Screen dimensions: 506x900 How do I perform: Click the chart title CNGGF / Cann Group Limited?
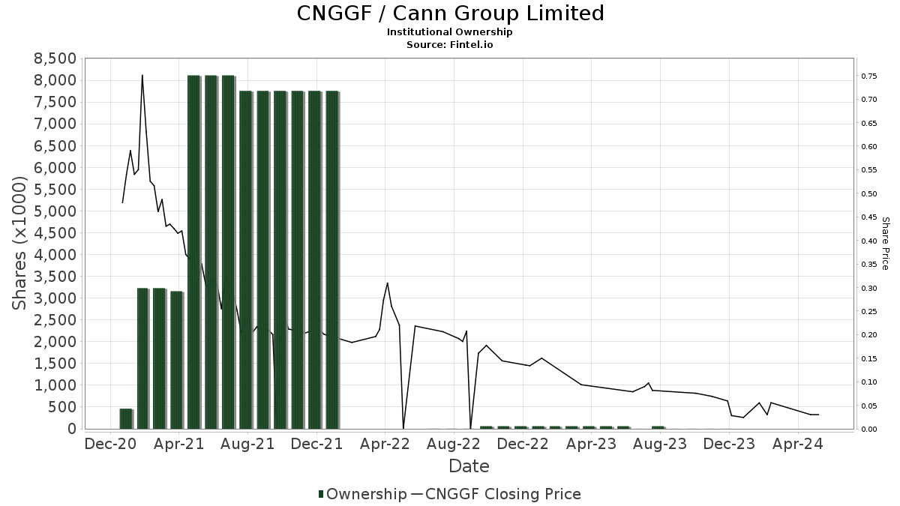coord(450,13)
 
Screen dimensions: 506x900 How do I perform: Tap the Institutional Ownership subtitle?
coord(450,32)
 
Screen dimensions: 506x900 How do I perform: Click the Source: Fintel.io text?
coord(450,45)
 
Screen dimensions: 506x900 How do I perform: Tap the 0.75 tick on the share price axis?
coord(869,76)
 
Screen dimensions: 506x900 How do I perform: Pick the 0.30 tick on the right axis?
coord(869,288)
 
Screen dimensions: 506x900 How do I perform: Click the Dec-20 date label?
coord(109,445)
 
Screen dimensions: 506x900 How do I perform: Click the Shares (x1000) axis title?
coord(22,244)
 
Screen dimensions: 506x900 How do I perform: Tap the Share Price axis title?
coord(886,244)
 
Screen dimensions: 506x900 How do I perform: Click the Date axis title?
coord(469,466)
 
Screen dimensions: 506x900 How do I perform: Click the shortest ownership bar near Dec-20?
coord(126,419)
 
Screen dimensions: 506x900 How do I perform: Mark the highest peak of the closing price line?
coord(142,75)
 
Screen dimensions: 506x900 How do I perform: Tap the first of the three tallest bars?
coord(194,252)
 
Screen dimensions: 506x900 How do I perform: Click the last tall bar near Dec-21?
coord(332,259)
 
